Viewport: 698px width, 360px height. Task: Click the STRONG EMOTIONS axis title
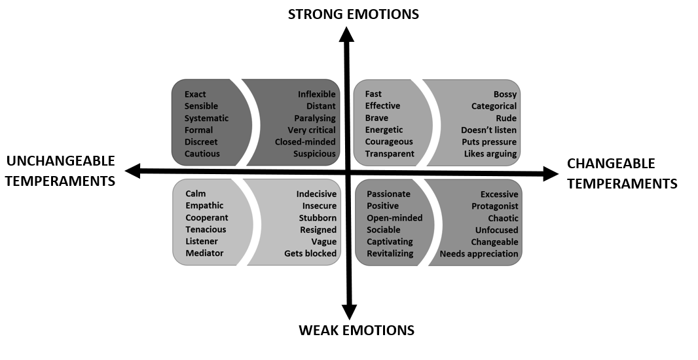353,13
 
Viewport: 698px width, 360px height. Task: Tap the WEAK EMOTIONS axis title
356,330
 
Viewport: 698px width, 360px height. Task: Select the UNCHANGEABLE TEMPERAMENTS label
60,170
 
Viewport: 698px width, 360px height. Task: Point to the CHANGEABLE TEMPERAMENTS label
621,173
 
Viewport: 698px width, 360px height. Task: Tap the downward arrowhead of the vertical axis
350,312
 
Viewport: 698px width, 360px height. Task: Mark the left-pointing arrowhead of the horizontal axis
133,171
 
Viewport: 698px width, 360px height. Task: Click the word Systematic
206,118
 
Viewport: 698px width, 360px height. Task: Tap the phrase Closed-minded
305,142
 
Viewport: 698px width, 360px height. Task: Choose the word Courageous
389,141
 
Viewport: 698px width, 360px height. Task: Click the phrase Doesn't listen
488,130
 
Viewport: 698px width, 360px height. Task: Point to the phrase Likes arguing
490,154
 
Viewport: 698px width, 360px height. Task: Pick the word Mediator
204,253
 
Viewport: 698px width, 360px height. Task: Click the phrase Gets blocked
310,253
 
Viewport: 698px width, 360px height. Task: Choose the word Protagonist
495,206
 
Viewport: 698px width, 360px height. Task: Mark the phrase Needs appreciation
479,254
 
